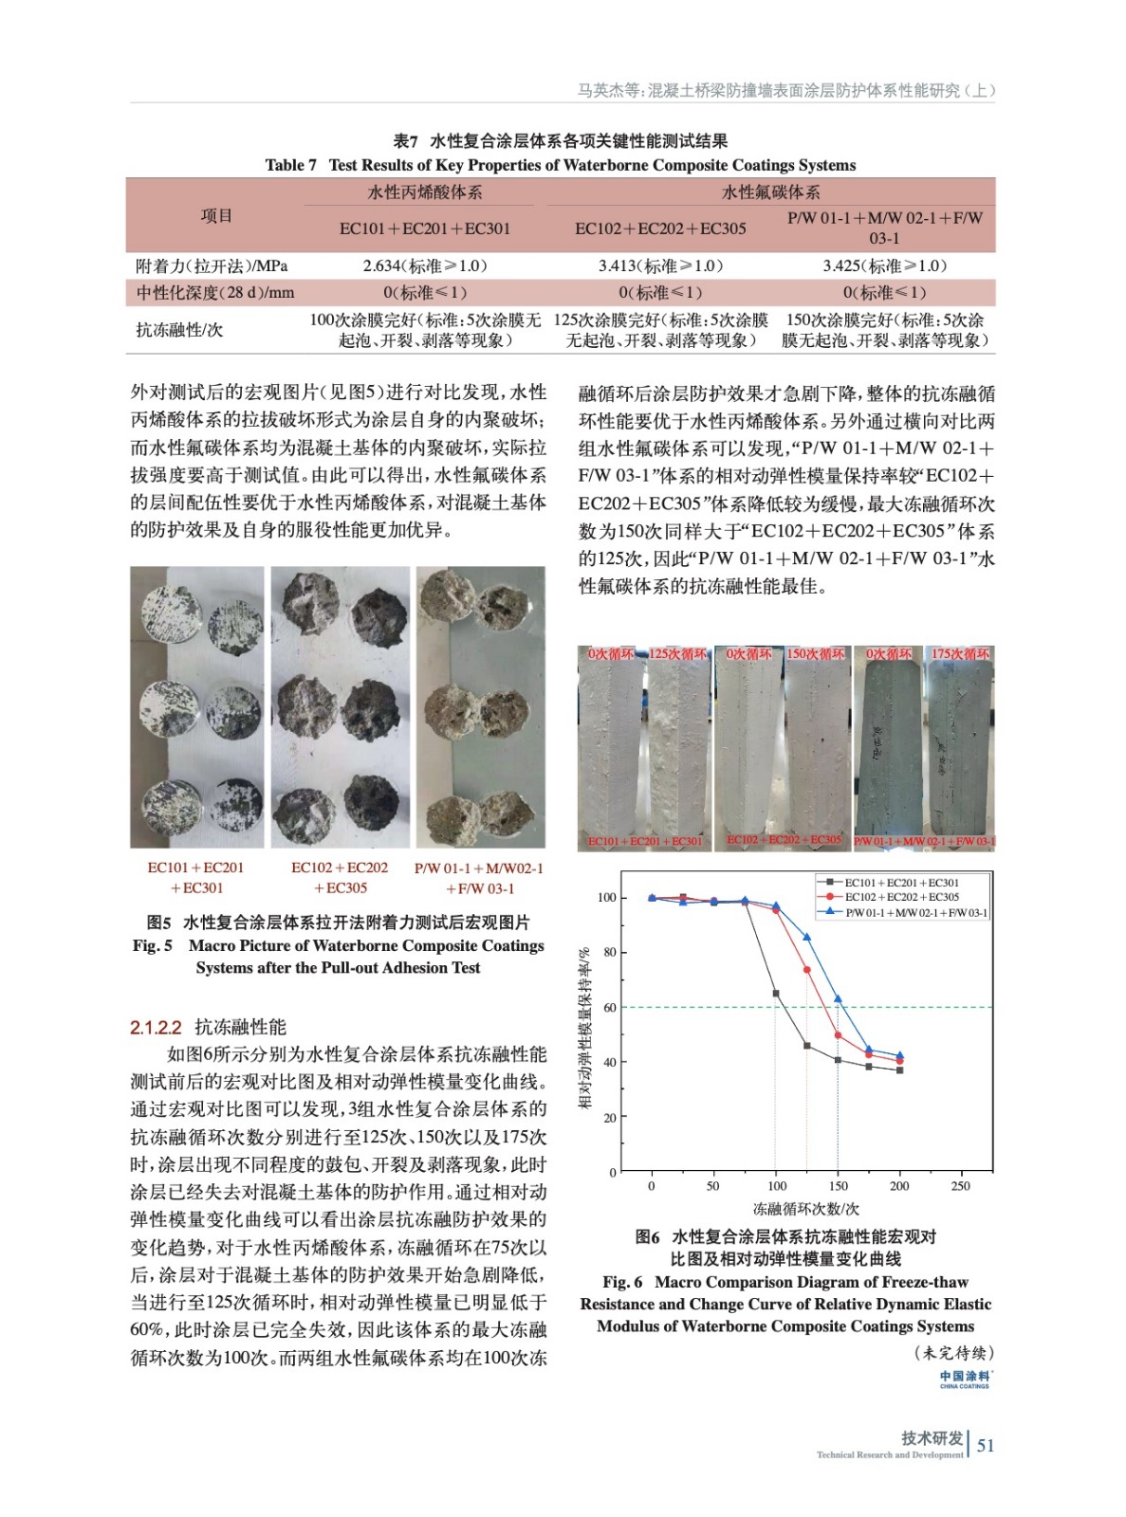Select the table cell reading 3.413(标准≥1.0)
tap(660, 266)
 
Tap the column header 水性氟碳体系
tap(770, 192)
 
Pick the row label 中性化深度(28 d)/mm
tap(215, 293)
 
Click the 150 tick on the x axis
tap(838, 1185)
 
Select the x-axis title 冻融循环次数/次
tap(805, 1209)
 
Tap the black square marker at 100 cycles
tap(776, 994)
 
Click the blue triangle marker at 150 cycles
tap(838, 999)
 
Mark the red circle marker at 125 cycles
tap(807, 970)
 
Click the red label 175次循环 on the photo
tap(959, 654)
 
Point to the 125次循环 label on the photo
tap(678, 654)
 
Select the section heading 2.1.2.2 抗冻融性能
tap(208, 1027)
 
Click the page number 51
tap(986, 1446)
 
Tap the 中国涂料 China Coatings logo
tap(965, 1379)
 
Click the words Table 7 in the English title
tap(291, 165)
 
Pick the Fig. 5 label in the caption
tap(153, 945)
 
